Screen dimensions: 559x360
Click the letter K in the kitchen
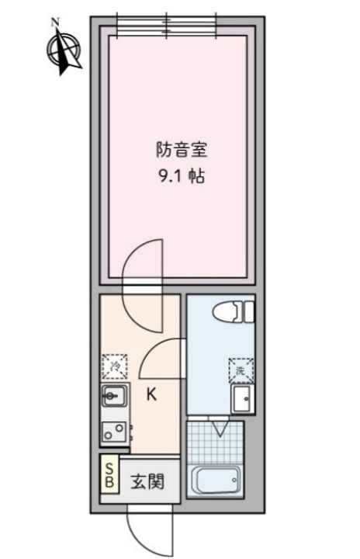[x=152, y=394]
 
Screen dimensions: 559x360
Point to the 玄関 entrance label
[x=146, y=481]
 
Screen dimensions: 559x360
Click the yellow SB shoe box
[x=109, y=475]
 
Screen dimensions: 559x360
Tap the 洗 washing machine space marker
[x=240, y=369]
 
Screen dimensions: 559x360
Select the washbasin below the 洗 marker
[x=240, y=399]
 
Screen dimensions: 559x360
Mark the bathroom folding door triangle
[x=221, y=428]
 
